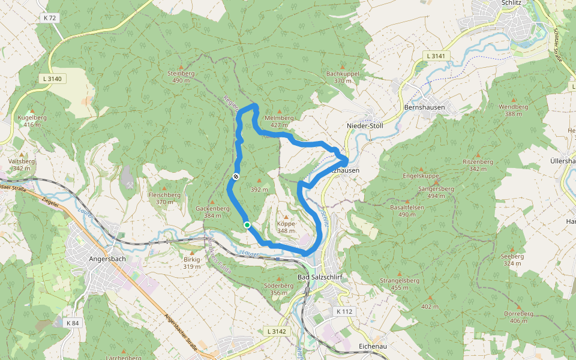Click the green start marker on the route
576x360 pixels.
point(247,225)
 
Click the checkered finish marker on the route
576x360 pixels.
point(236,176)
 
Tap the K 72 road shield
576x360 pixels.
point(50,18)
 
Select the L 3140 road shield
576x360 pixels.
point(52,79)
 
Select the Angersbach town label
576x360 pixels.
point(107,259)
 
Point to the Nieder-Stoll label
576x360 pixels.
point(365,125)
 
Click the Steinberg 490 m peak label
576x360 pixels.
point(181,76)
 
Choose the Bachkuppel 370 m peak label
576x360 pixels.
point(342,76)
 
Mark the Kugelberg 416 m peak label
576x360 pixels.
point(32,121)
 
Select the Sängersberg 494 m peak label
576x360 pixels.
point(436,191)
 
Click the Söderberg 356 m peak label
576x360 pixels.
point(279,289)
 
